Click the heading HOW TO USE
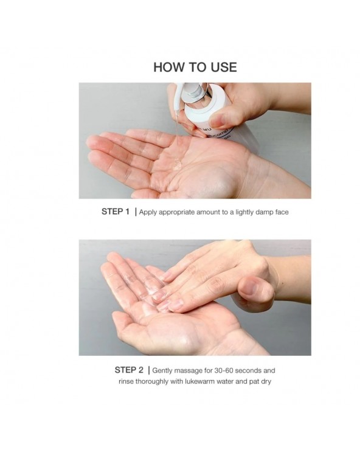(195, 67)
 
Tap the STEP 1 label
(116, 212)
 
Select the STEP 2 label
(129, 370)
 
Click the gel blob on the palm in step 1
(177, 165)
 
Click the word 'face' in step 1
(282, 212)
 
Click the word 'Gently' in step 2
(162, 371)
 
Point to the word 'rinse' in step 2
(126, 382)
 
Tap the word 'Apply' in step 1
(148, 212)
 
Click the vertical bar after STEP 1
(136, 212)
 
